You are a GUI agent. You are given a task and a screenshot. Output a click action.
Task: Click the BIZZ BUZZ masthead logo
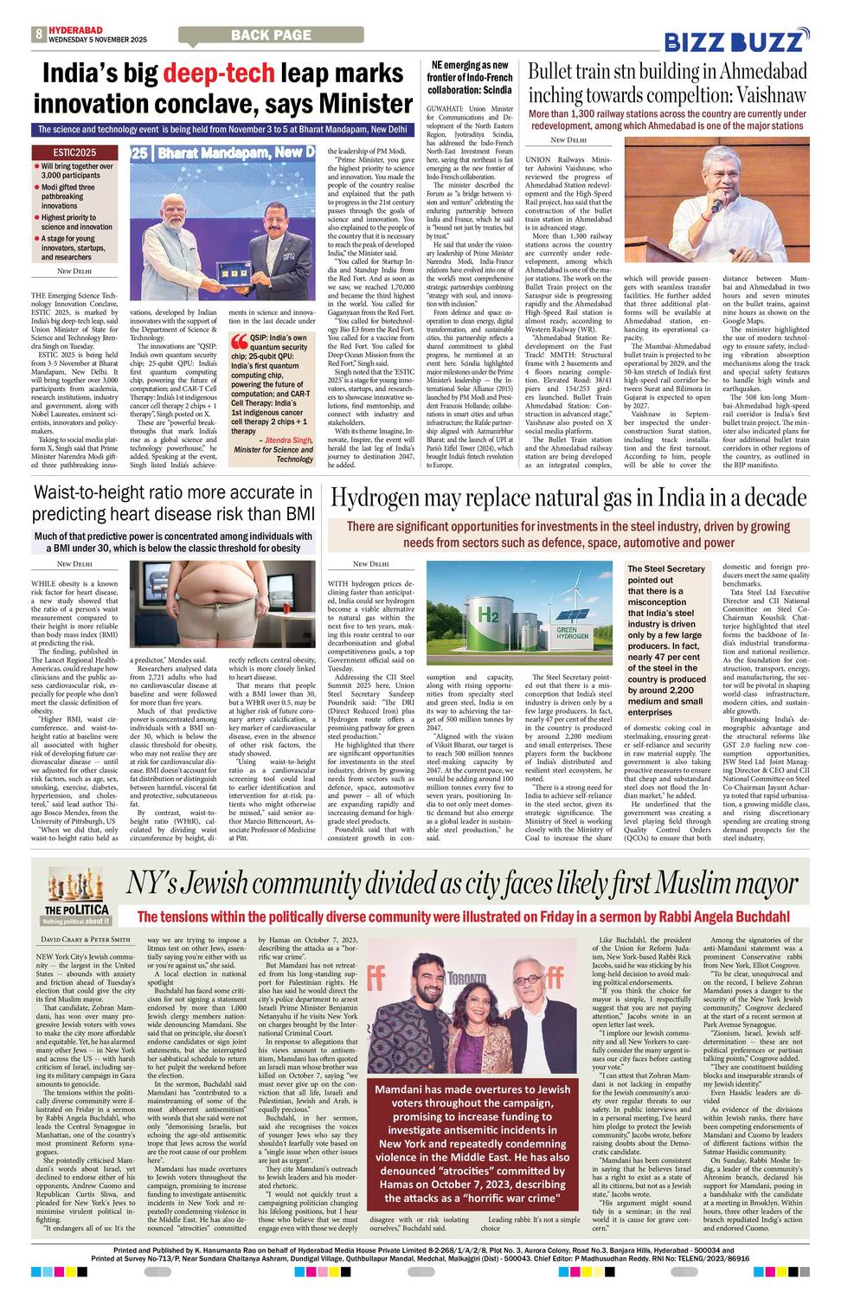pyautogui.click(x=735, y=40)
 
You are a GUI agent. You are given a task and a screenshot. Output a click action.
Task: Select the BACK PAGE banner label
pyautogui.click(x=271, y=35)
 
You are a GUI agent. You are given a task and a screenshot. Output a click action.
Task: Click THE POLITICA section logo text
pyautogui.click(x=77, y=909)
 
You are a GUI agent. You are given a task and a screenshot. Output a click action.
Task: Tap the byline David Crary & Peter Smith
pyautogui.click(x=86, y=939)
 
